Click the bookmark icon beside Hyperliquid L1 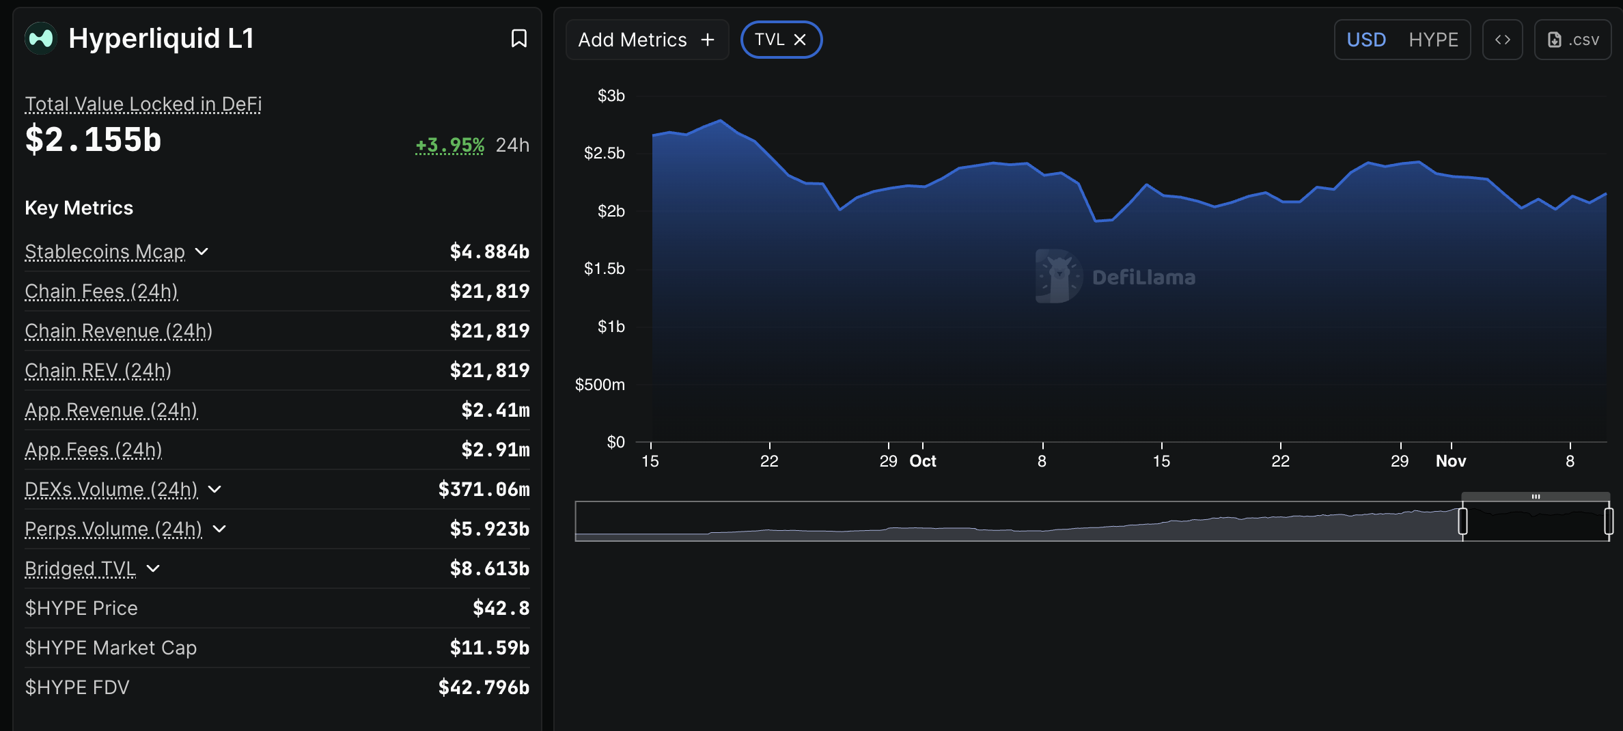click(x=519, y=38)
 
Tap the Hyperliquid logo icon click(x=41, y=38)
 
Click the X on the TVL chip click(x=800, y=40)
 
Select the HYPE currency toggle click(x=1433, y=40)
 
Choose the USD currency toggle click(x=1366, y=40)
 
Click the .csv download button click(x=1572, y=40)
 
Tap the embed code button click(x=1502, y=40)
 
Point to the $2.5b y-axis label click(x=605, y=153)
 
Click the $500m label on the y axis click(x=600, y=385)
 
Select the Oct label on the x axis click(x=922, y=461)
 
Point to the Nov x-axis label click(x=1451, y=461)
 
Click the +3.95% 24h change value click(x=450, y=145)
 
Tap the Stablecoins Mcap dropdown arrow click(x=202, y=251)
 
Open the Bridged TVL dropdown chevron click(x=153, y=568)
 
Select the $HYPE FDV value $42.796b click(x=484, y=687)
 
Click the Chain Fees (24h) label click(x=101, y=291)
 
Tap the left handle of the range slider click(x=1462, y=521)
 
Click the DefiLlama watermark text click(x=1143, y=277)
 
